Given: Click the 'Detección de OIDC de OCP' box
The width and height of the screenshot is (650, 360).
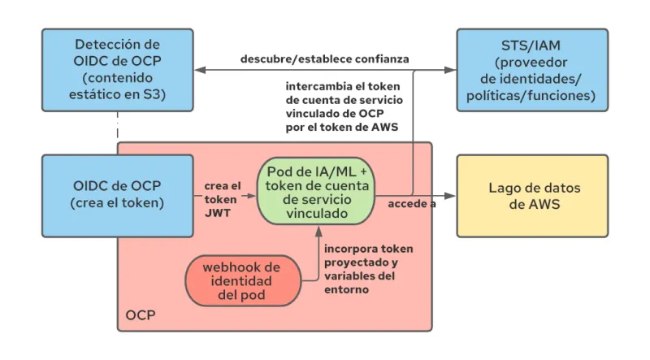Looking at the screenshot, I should [118, 70].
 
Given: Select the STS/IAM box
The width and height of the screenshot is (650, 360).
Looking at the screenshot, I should [531, 70].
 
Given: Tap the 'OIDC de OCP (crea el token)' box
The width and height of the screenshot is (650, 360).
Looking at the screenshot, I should [118, 195].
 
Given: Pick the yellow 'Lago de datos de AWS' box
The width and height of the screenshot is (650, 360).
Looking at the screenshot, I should [531, 195].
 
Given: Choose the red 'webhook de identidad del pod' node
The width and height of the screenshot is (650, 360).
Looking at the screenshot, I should [241, 280].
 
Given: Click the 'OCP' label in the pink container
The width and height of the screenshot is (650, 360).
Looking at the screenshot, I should [141, 314].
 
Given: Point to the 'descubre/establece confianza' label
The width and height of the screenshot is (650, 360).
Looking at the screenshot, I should [324, 59].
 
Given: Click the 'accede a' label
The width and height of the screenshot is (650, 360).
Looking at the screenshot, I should [411, 203].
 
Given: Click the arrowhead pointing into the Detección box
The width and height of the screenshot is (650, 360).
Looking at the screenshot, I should [200, 71].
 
